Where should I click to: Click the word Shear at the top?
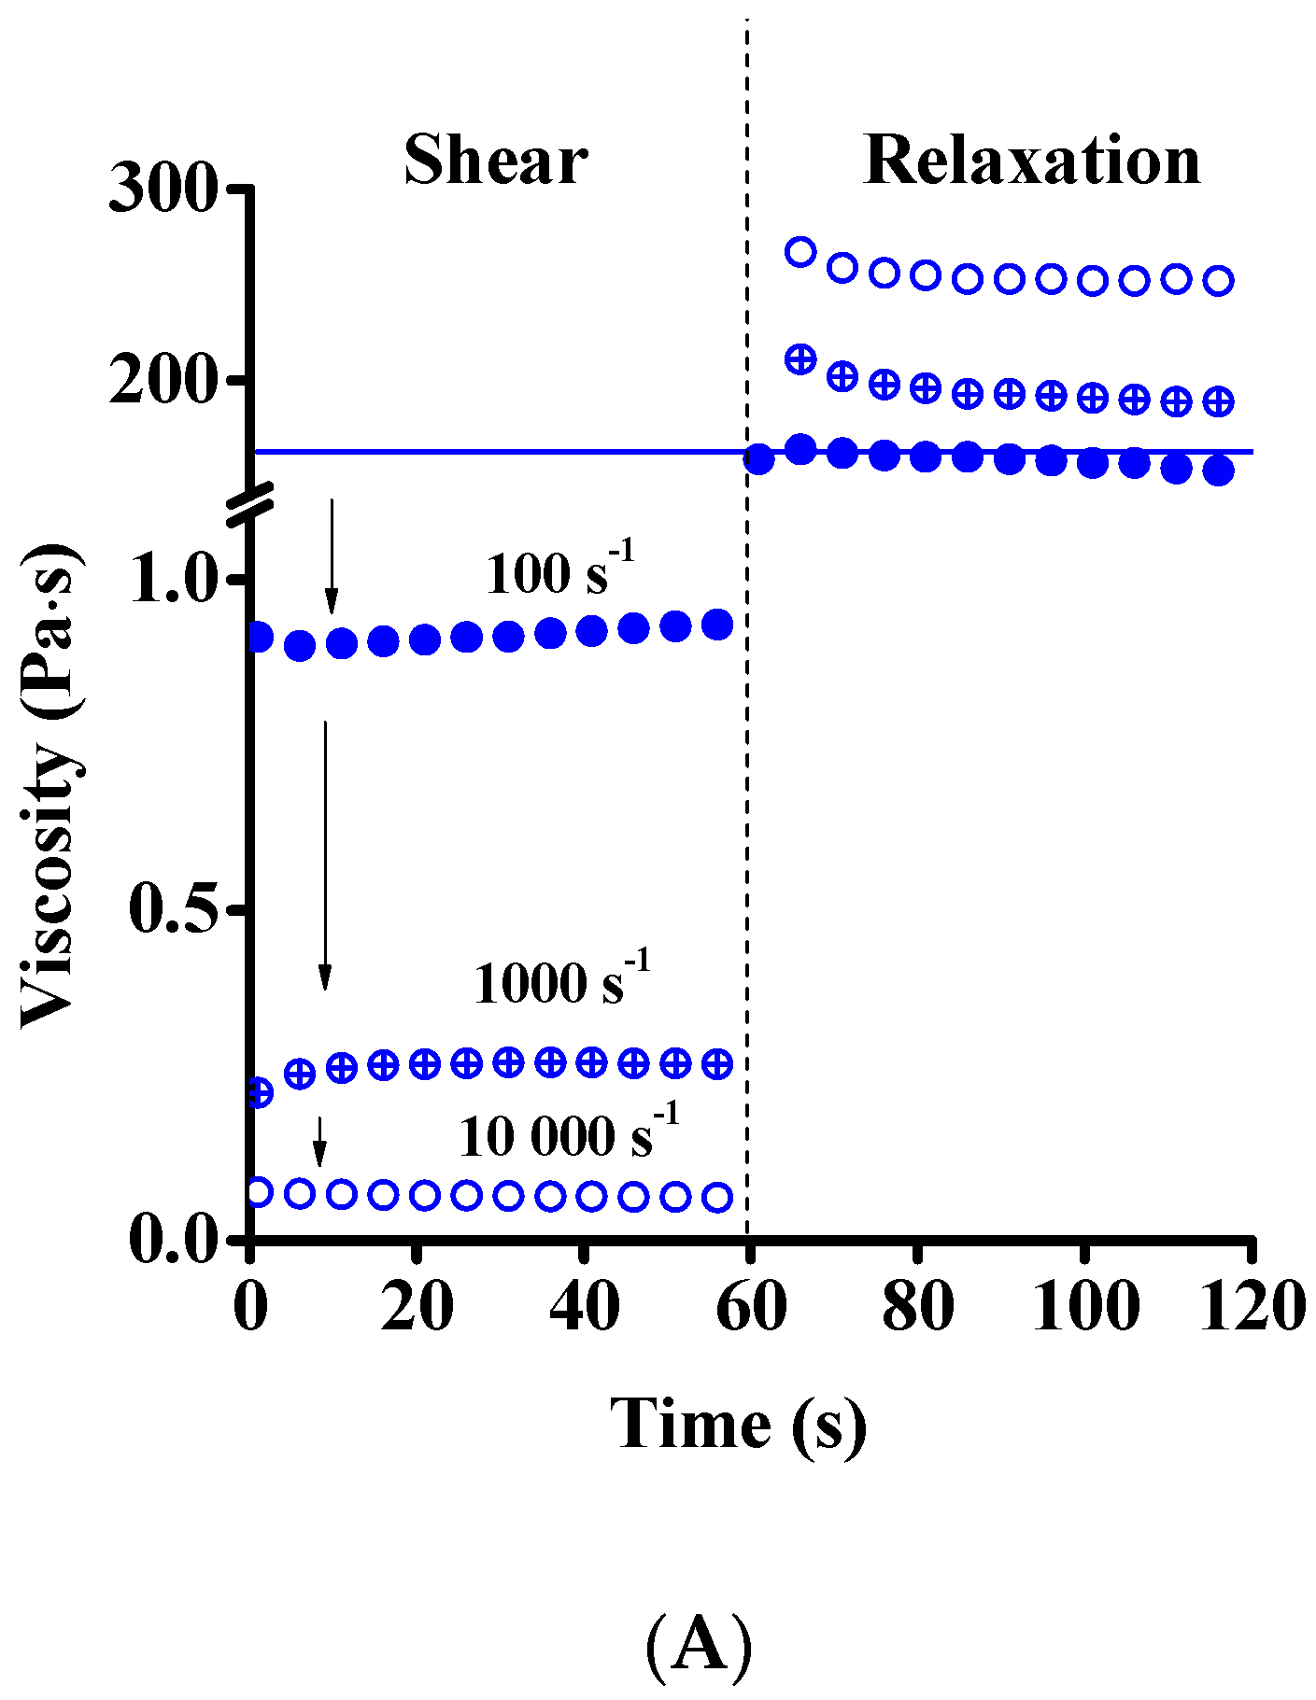point(495,161)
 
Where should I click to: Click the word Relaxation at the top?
point(1032,161)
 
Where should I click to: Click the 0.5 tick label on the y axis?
point(174,908)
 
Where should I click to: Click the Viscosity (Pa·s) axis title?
point(51,784)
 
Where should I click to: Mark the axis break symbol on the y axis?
point(250,499)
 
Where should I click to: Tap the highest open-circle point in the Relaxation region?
point(800,251)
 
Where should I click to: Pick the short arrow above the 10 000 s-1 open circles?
point(319,1141)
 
